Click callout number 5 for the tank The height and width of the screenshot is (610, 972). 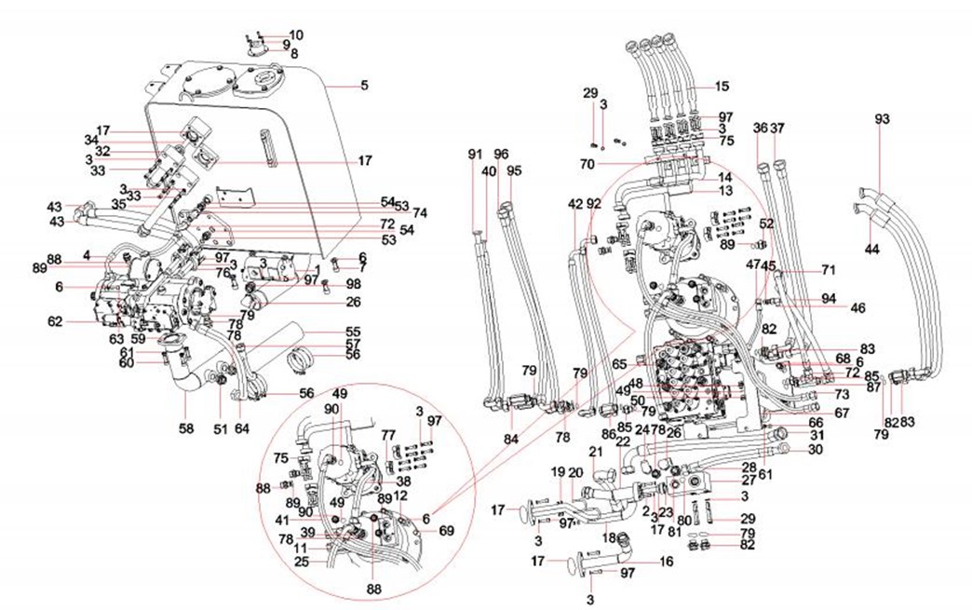[x=364, y=86]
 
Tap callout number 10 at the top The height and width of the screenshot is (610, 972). [x=295, y=35]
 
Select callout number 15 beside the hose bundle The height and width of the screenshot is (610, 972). [x=722, y=87]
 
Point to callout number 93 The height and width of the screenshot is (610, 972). [x=883, y=119]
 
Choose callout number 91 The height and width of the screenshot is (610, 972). [x=476, y=154]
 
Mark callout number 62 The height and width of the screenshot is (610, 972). [x=56, y=321]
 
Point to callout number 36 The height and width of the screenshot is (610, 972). [x=760, y=129]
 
